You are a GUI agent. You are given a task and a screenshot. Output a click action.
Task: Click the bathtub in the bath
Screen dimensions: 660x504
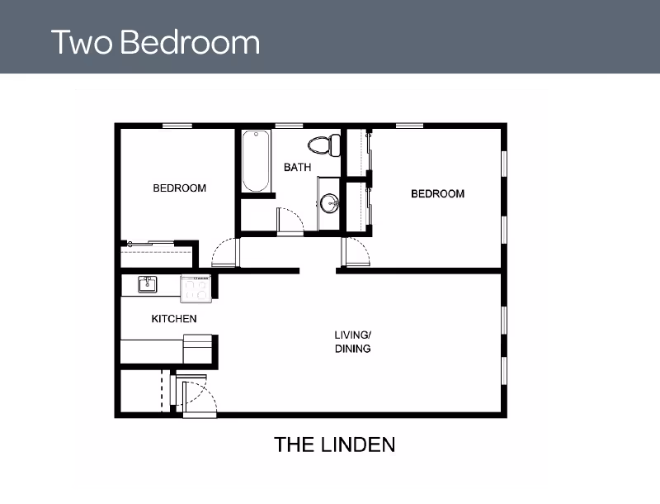click(256, 161)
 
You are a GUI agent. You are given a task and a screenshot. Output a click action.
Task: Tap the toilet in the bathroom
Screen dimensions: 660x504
click(324, 145)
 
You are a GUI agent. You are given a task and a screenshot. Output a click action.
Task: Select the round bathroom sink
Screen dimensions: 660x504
click(329, 203)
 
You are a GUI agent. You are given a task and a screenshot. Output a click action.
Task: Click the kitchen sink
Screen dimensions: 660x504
click(148, 284)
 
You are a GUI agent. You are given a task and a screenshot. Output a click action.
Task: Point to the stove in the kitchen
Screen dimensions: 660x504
click(196, 288)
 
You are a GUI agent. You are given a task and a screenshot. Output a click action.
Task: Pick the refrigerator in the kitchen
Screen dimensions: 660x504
click(198, 349)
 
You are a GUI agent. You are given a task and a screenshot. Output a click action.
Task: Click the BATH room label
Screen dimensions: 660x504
click(298, 167)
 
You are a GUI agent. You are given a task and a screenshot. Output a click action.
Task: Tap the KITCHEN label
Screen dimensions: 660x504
click(174, 319)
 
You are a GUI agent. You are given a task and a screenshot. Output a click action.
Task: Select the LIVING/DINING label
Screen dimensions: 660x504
click(353, 342)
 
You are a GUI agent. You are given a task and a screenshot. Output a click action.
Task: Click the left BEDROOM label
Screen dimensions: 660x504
click(180, 188)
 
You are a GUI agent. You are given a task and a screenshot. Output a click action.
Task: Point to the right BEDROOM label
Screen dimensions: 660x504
click(438, 194)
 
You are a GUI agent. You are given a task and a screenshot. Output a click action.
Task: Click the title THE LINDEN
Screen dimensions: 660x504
click(335, 445)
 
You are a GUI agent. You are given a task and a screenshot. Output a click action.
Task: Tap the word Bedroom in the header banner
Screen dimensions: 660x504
click(191, 42)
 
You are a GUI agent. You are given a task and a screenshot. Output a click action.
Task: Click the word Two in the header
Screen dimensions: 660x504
click(82, 42)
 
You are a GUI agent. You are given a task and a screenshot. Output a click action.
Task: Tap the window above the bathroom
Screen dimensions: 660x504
click(290, 126)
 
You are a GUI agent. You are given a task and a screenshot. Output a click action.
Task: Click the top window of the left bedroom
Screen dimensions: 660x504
click(177, 126)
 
